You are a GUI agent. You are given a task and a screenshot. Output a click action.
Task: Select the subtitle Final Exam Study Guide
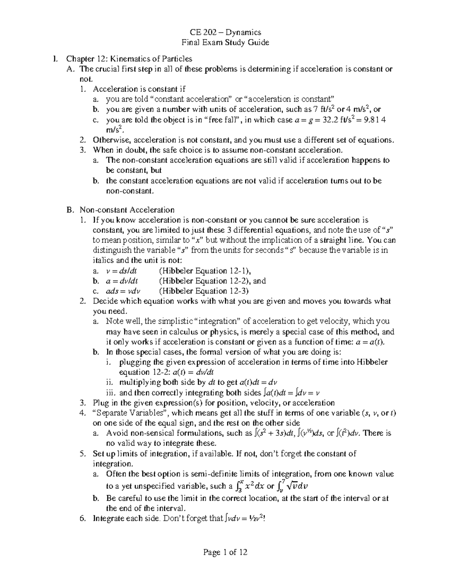coord(225,42)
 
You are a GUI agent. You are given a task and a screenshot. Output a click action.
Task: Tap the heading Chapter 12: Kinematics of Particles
coord(129,59)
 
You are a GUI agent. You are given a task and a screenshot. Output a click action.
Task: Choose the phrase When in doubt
coord(115,150)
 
